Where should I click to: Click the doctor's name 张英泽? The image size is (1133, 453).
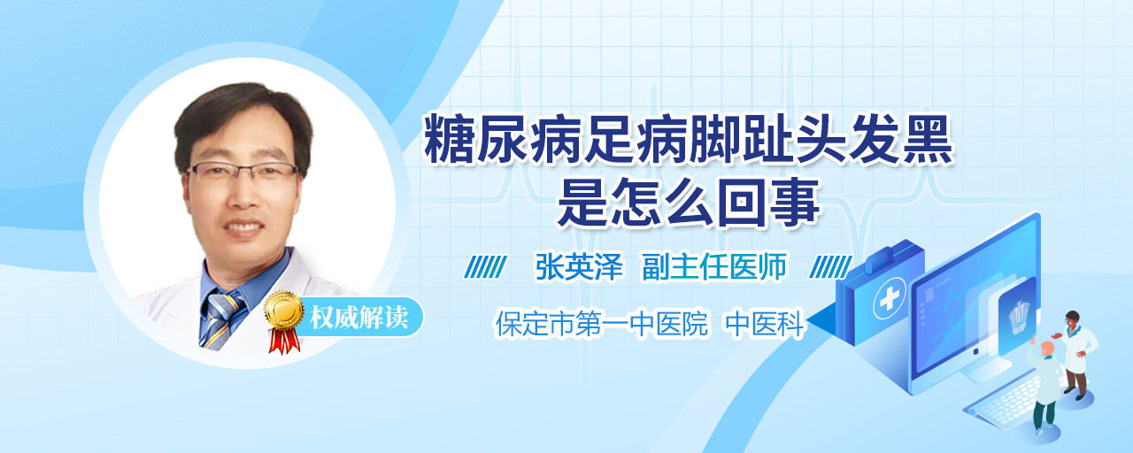point(579,266)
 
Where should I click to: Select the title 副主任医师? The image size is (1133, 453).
point(714,266)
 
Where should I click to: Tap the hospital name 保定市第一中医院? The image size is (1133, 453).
point(601,323)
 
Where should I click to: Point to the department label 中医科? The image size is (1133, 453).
point(764,324)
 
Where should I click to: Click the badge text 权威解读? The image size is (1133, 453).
point(358,318)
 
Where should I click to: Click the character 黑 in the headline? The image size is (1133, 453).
point(927,139)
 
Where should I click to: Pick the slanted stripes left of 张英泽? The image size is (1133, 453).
point(485,266)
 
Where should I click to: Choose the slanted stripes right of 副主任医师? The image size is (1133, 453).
point(830,266)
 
